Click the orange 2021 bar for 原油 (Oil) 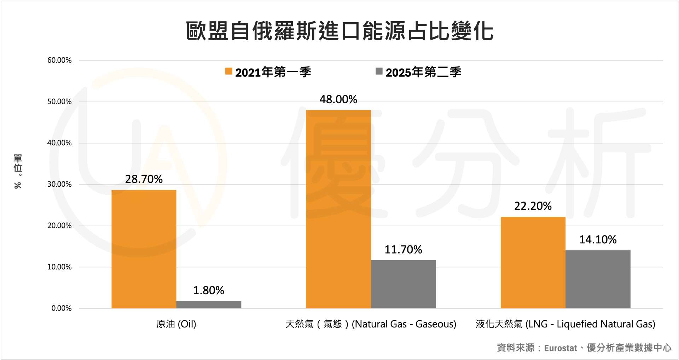coord(144,249)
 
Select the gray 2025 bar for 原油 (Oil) coord(209,304)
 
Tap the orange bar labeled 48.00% coord(338,209)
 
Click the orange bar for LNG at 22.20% coord(533,262)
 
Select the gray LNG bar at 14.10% coord(598,279)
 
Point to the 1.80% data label coord(209,290)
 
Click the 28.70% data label coord(144,179)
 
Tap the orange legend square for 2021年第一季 coord(229,71)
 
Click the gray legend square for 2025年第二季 coord(379,71)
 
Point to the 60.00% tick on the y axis coord(59,60)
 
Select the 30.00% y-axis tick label coord(59,184)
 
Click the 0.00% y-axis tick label coord(62,308)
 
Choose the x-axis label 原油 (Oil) coord(176,324)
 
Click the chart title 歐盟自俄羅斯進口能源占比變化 coord(339,31)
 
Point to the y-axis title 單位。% coord(18,171)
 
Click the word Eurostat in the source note coord(560,348)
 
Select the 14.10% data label coord(598,240)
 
